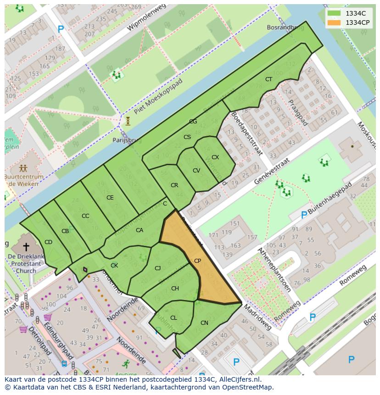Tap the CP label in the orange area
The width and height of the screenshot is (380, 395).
197,261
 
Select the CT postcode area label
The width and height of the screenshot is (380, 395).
268,79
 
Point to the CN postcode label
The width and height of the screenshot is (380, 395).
204,323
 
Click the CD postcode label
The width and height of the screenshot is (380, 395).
48,242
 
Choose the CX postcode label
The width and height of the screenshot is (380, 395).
215,157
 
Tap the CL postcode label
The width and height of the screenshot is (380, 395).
173,317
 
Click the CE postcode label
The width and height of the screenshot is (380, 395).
110,198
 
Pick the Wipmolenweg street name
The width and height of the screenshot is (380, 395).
145,19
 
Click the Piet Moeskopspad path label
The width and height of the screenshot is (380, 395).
158,96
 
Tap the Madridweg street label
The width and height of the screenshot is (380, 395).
257,317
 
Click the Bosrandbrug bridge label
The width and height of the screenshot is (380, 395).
285,28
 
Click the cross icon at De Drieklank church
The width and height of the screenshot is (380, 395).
26,247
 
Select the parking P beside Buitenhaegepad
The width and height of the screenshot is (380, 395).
303,215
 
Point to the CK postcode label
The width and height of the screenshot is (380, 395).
114,265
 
